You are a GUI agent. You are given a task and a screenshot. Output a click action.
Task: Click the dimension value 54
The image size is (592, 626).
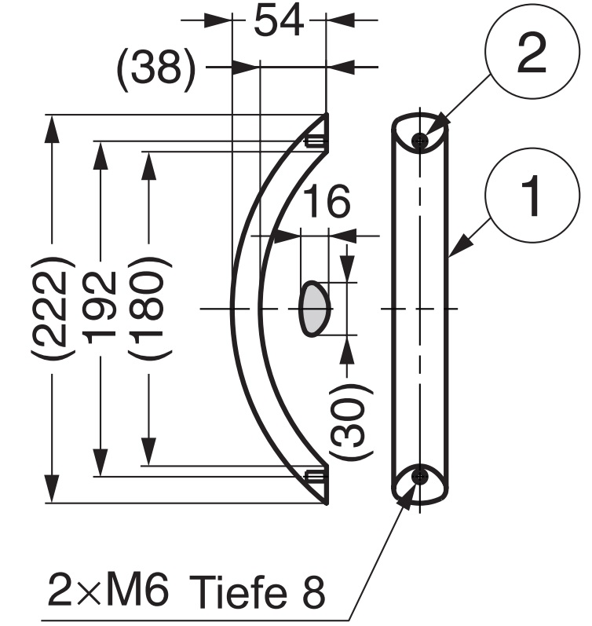point(279,22)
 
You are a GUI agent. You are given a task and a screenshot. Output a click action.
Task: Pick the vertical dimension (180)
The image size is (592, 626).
point(148,306)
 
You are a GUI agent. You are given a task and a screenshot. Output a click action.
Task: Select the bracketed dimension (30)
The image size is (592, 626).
point(345,421)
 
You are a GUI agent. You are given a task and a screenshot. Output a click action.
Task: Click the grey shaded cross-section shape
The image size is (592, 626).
point(315,308)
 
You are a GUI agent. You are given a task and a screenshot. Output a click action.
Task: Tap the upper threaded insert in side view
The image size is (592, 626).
point(315,142)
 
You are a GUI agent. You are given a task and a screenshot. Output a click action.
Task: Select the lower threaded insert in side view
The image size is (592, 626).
point(315,475)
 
